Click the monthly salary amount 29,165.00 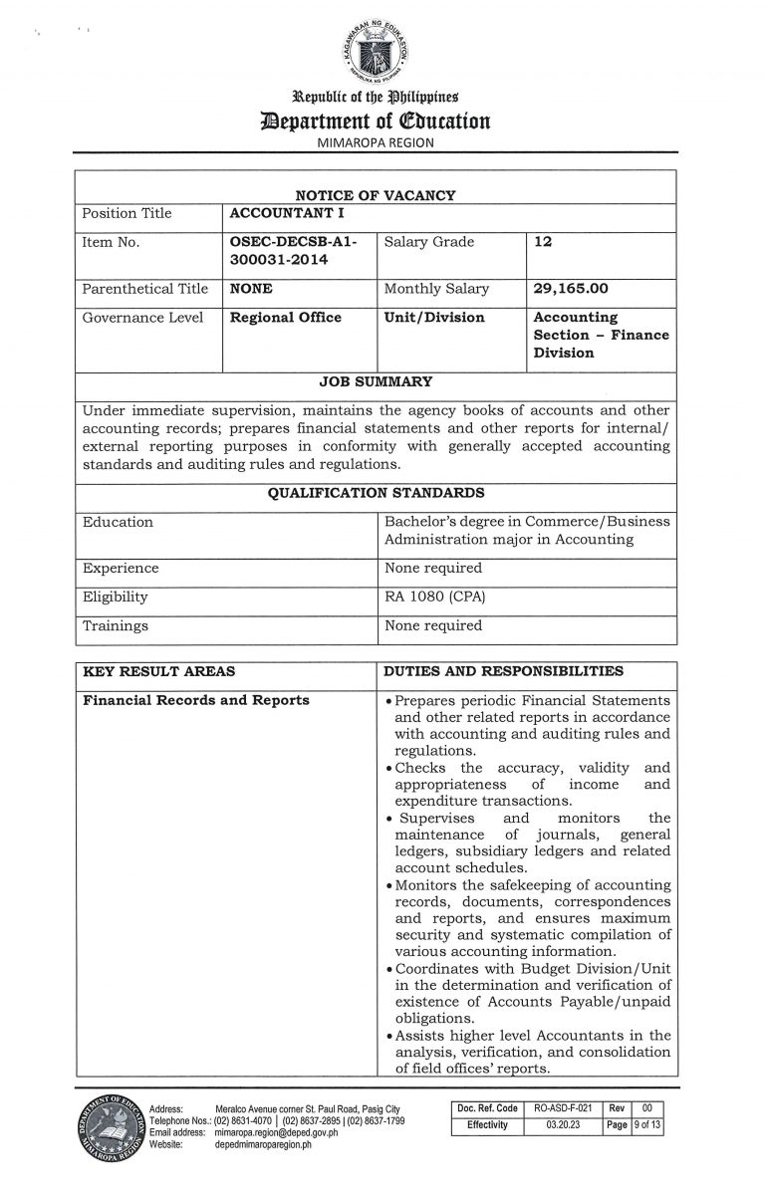tap(572, 289)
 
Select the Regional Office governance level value tap(285, 318)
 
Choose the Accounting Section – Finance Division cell tap(601, 335)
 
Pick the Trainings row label tap(116, 626)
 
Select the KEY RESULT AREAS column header tap(158, 671)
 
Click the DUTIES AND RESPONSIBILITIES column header tap(504, 671)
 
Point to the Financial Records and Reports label tap(196, 700)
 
